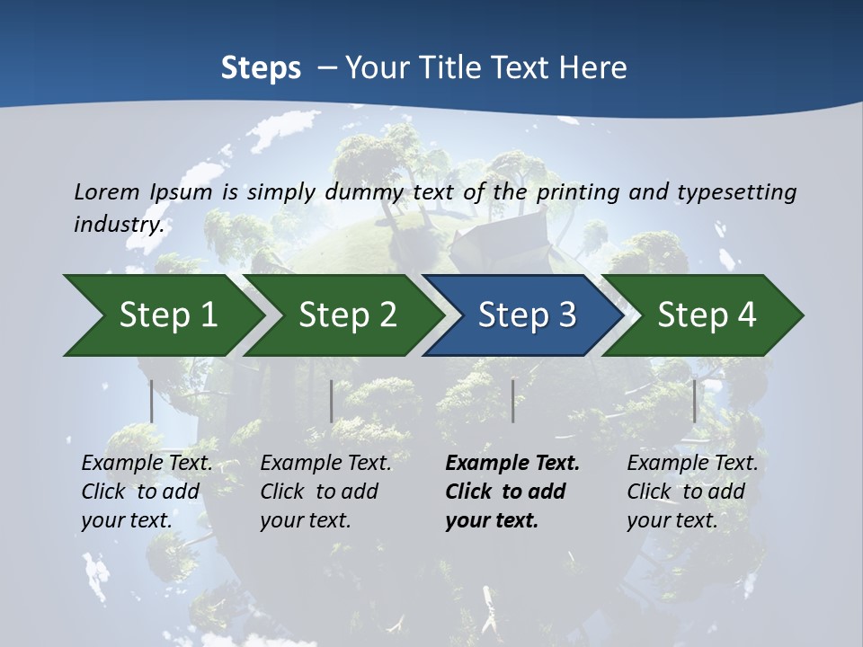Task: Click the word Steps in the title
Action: pyautogui.click(x=261, y=67)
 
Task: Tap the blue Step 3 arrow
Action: pyautogui.click(x=527, y=315)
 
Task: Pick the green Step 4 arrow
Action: pyautogui.click(x=707, y=315)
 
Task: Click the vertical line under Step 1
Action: pyautogui.click(x=152, y=401)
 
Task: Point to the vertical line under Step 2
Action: pyautogui.click(x=332, y=401)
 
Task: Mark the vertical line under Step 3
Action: pyautogui.click(x=512, y=401)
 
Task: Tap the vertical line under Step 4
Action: pyautogui.click(x=694, y=401)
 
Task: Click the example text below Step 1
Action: pyautogui.click(x=147, y=492)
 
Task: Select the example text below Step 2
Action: pyautogui.click(x=325, y=492)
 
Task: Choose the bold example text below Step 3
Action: pyautogui.click(x=512, y=492)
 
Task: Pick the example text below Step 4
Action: pyautogui.click(x=692, y=492)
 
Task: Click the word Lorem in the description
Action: pyautogui.click(x=106, y=191)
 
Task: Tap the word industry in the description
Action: pyautogui.click(x=118, y=224)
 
